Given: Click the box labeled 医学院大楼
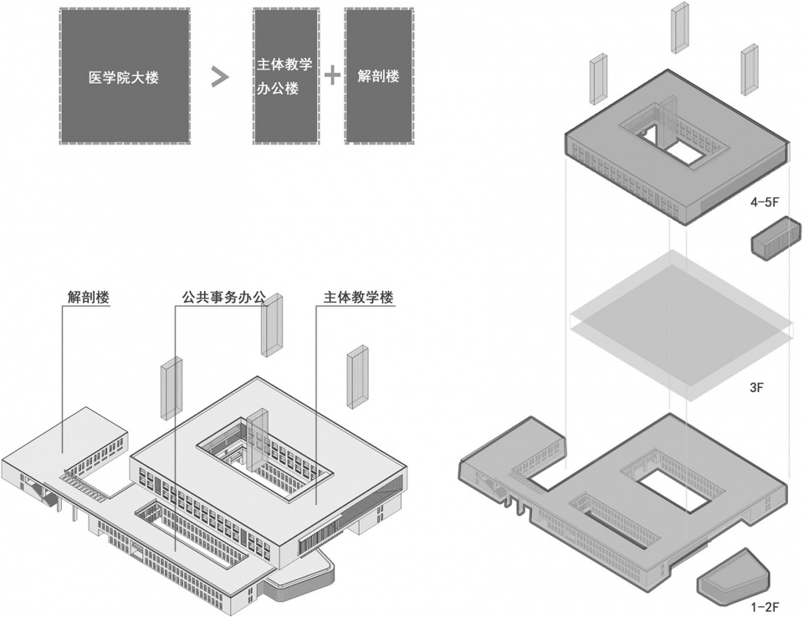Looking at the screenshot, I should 124,77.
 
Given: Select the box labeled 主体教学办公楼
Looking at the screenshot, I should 285,77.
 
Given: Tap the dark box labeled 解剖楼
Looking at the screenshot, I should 378,77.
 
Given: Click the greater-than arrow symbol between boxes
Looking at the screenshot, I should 219,77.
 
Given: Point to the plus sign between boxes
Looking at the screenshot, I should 332,76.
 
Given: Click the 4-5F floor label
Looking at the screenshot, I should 766,202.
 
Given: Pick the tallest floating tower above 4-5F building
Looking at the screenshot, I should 678,27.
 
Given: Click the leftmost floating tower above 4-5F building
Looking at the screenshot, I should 598,79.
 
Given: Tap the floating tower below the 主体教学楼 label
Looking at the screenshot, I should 358,375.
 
